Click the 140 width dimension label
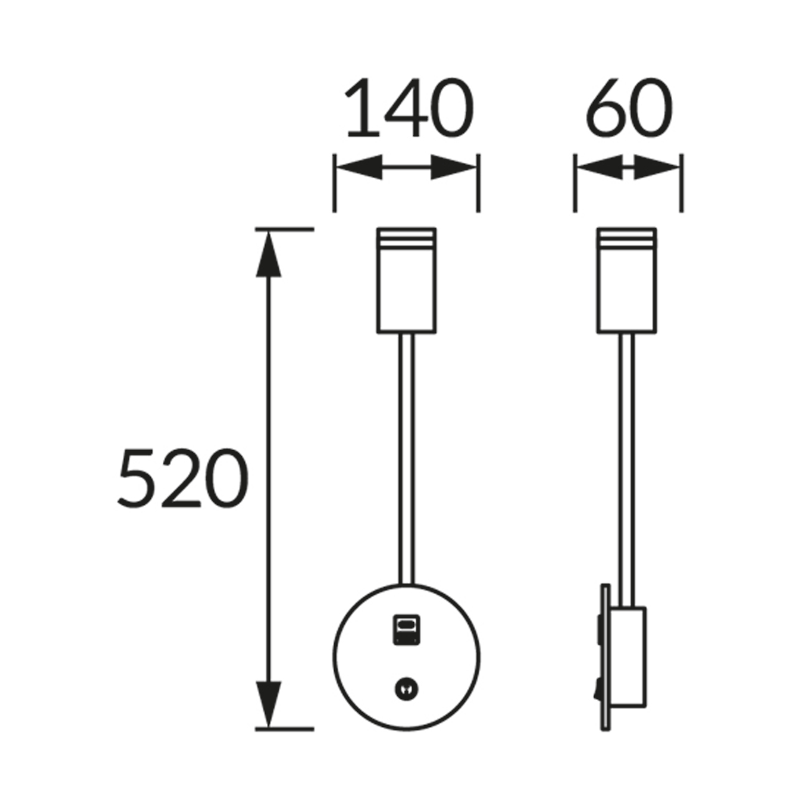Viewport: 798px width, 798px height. point(409,107)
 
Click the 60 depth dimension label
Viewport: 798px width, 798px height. point(628,107)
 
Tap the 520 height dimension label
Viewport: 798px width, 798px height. point(183,478)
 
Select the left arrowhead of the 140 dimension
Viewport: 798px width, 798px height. point(359,167)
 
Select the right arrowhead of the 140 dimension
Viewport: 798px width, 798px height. point(453,167)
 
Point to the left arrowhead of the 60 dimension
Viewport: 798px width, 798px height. point(600,167)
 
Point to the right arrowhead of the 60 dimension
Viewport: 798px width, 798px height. point(656,167)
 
